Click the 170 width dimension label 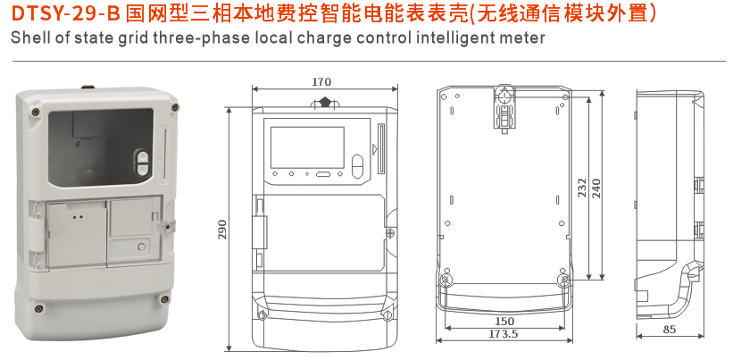click(x=321, y=82)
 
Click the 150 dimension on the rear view click(x=504, y=321)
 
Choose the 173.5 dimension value click(x=504, y=333)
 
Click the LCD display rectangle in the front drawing click(x=306, y=145)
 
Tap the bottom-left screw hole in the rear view click(x=445, y=281)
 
